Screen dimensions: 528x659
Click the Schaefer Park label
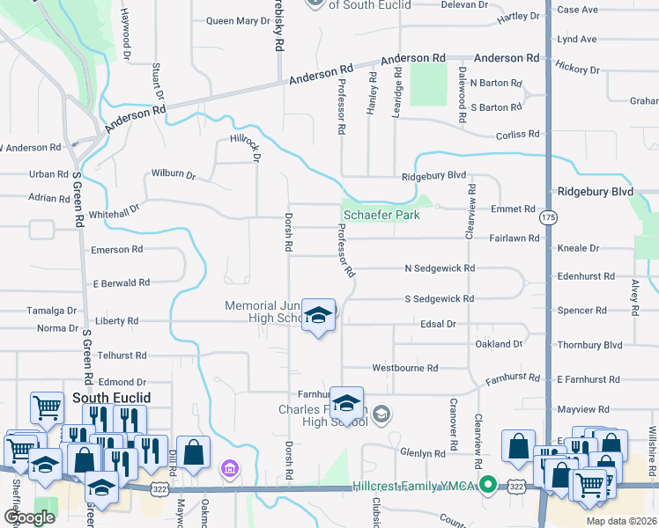click(x=381, y=215)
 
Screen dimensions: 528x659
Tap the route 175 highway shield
click(x=550, y=216)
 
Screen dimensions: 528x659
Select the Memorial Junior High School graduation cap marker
click(x=318, y=316)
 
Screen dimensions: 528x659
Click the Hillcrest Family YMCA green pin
click(x=485, y=485)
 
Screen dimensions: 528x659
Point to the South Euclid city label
click(x=111, y=398)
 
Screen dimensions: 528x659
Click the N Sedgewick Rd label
click(x=440, y=268)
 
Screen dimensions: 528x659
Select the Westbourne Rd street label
click(x=405, y=367)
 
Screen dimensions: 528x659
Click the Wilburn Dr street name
click(x=174, y=174)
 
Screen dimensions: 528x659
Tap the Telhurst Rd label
click(x=122, y=356)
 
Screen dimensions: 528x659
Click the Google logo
click(x=29, y=517)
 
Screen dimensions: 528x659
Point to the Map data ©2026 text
click(x=620, y=521)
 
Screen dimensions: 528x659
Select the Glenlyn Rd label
click(x=423, y=452)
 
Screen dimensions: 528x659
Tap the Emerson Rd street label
click(x=116, y=250)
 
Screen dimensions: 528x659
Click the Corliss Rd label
click(x=517, y=134)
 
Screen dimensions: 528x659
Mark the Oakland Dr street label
click(x=499, y=344)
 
